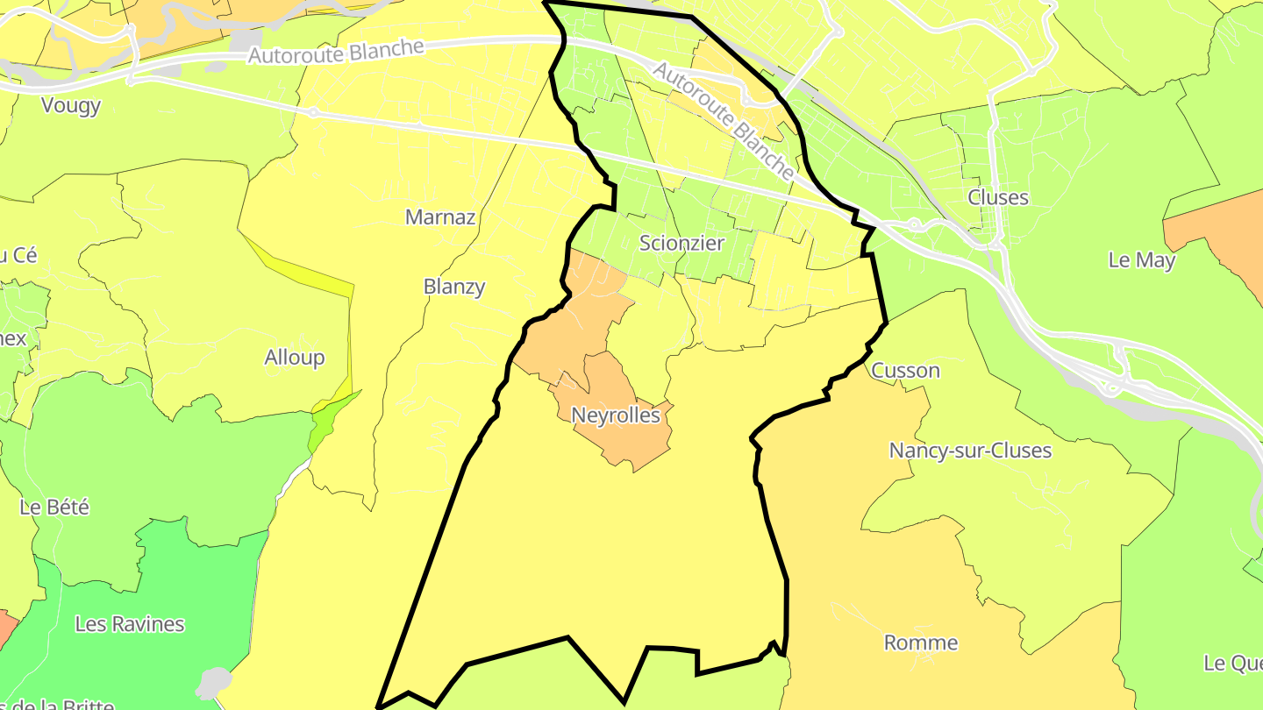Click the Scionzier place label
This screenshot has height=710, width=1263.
(681, 243)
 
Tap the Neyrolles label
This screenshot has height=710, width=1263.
(615, 415)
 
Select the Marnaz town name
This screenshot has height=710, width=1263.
(440, 217)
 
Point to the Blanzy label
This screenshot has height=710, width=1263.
(453, 287)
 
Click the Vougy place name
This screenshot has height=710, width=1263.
(71, 105)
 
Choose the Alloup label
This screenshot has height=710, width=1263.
(295, 357)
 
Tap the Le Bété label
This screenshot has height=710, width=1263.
(54, 507)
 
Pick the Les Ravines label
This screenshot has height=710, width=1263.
(130, 624)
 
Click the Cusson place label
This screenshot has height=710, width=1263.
(905, 370)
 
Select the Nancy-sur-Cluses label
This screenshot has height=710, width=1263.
(970, 450)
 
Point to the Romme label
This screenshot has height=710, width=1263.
(920, 643)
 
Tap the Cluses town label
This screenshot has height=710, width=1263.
(997, 197)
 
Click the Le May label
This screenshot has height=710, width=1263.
(1141, 259)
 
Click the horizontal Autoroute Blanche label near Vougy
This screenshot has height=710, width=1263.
(336, 52)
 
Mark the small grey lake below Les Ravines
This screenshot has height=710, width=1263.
(213, 682)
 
